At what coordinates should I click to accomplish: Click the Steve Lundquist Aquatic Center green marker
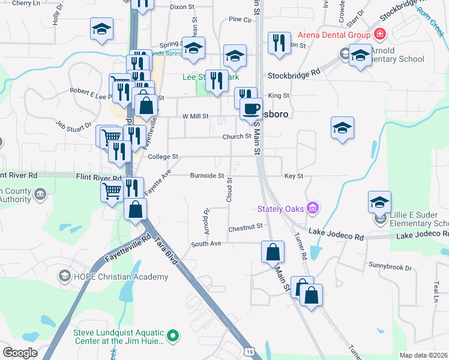[173, 336]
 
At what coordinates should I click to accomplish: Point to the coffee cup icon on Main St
[251, 109]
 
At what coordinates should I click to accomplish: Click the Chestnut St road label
[246, 227]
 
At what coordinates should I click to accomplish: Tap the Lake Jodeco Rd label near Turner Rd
[336, 235]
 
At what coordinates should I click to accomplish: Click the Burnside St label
[206, 176]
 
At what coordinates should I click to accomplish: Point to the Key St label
[294, 176]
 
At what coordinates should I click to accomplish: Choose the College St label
[163, 157]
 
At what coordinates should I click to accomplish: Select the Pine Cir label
[240, 20]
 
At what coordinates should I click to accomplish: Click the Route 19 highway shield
[249, 350]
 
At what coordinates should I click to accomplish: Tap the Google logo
[20, 353]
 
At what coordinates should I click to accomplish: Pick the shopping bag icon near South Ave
[273, 251]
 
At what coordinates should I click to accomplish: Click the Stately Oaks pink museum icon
[312, 208]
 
